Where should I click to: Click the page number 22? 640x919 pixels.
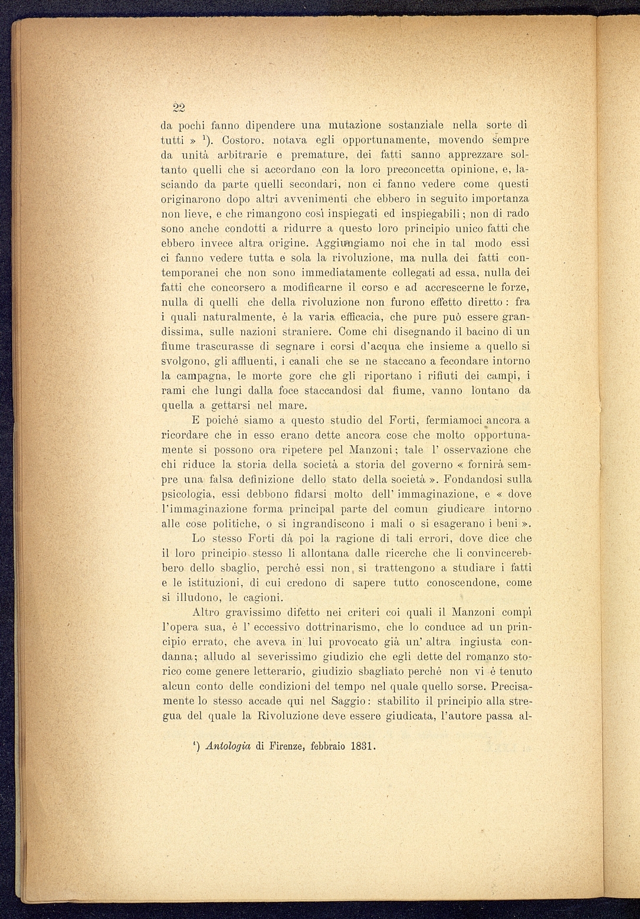point(179,107)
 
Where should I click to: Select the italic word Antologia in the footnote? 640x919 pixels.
point(228,746)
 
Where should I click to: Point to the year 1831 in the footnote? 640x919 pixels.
point(362,746)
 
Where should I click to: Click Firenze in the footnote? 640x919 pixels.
point(287,746)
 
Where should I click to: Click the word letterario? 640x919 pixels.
point(277,672)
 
